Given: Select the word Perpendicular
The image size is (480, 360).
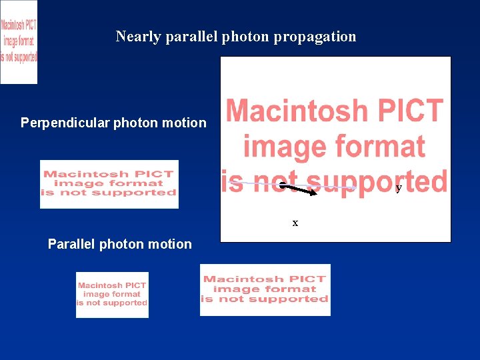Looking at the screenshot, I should point(65,123).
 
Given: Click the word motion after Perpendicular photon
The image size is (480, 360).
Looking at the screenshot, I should point(184,123).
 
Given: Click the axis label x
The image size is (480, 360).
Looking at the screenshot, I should point(295,223).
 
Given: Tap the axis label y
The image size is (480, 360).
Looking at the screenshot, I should point(399,188).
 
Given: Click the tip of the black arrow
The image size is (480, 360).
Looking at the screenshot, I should point(317,194).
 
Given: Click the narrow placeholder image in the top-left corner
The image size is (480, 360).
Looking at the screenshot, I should point(19,42).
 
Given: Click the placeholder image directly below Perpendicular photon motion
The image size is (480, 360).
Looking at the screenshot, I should point(109,184).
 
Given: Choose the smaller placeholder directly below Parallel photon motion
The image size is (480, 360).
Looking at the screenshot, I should point(112,295).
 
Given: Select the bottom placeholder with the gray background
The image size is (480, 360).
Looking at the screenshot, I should point(265,290).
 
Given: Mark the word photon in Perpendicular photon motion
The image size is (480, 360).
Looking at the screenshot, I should point(137,123).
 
